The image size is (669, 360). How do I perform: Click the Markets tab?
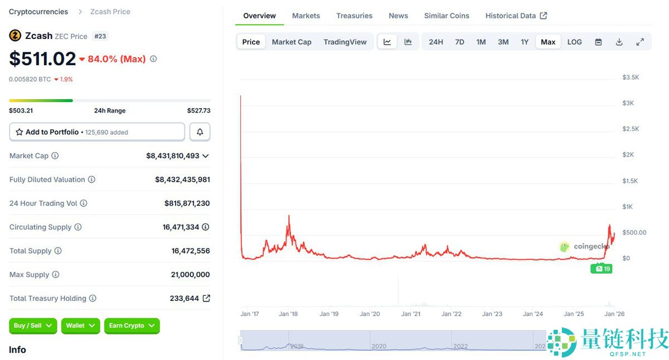click(x=306, y=16)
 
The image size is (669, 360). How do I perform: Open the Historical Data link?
click(x=516, y=16)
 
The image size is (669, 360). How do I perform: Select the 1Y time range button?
click(x=525, y=42)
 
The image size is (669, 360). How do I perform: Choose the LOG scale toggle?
click(x=574, y=42)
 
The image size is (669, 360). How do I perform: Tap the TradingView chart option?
click(x=345, y=42)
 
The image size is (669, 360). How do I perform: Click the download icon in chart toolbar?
click(x=619, y=42)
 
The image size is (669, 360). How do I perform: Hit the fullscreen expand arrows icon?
click(x=640, y=42)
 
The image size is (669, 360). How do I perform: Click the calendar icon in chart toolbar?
click(x=598, y=42)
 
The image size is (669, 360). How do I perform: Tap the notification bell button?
click(x=200, y=132)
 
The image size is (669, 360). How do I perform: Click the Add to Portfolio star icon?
click(x=19, y=132)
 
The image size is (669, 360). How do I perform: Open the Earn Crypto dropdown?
click(x=132, y=325)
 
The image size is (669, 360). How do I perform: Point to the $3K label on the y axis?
click(x=628, y=103)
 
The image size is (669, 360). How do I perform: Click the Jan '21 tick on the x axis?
click(x=410, y=314)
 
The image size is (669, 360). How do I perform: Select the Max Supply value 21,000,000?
click(x=190, y=275)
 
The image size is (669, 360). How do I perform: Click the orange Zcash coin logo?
click(x=15, y=36)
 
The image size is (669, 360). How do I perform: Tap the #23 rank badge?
click(x=100, y=36)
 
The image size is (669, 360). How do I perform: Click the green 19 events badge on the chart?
click(x=601, y=269)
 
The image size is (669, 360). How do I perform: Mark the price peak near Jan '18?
click(x=289, y=215)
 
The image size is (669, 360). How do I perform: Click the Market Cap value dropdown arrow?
click(x=206, y=156)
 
